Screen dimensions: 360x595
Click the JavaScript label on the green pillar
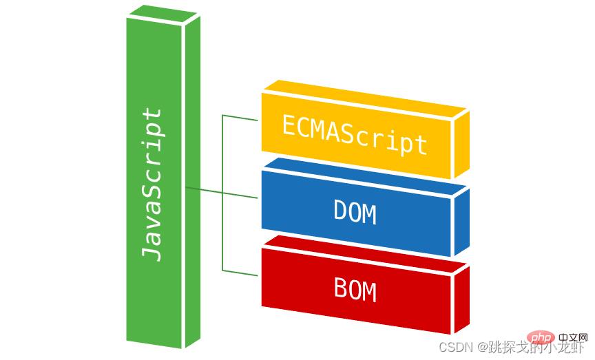coord(152,184)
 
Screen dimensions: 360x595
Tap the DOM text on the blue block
coord(355,211)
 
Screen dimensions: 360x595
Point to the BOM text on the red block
coord(355,288)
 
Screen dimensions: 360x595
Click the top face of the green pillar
coord(163,13)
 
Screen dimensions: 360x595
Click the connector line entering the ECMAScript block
coord(240,116)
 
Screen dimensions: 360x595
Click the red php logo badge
coord(543,339)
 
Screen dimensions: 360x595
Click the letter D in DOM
coord(340,211)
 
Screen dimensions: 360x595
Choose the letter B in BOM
coord(340,288)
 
